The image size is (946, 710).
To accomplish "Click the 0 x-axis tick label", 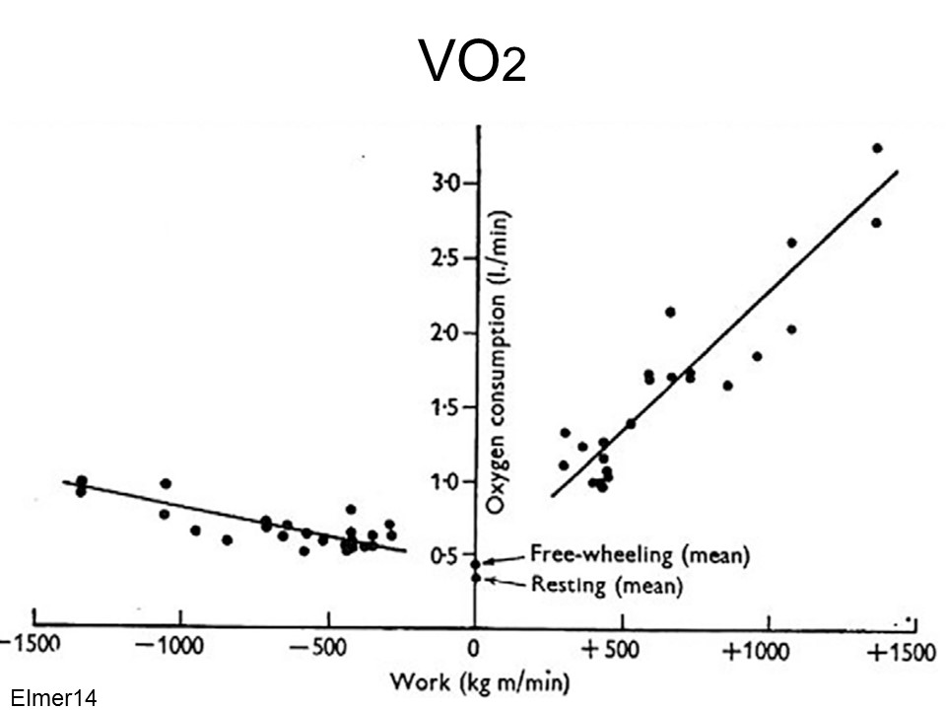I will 474,652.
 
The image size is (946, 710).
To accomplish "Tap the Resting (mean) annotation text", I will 606,584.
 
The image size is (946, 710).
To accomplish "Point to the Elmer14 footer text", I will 51,698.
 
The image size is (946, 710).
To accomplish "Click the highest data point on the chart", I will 877,148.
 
